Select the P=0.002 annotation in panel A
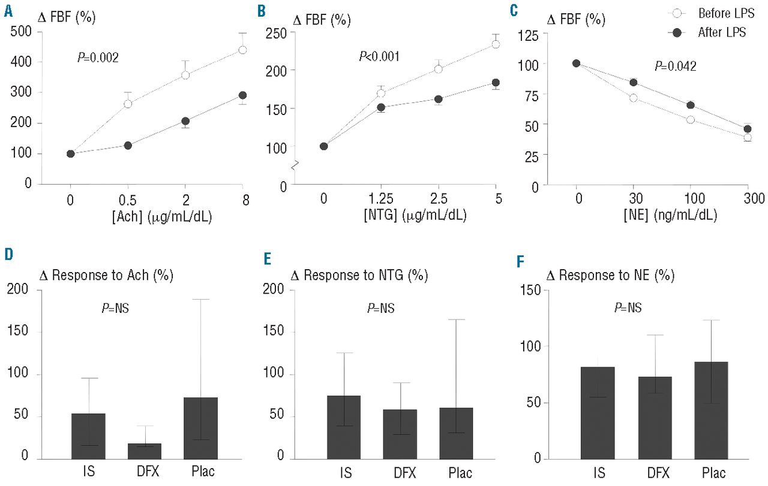click(98, 58)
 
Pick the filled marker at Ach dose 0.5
click(128, 146)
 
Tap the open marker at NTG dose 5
click(496, 44)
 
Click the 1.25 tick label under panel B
click(380, 199)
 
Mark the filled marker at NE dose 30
click(633, 83)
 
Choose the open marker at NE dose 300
click(748, 138)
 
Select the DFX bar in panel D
click(145, 451)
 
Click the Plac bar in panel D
click(201, 428)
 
